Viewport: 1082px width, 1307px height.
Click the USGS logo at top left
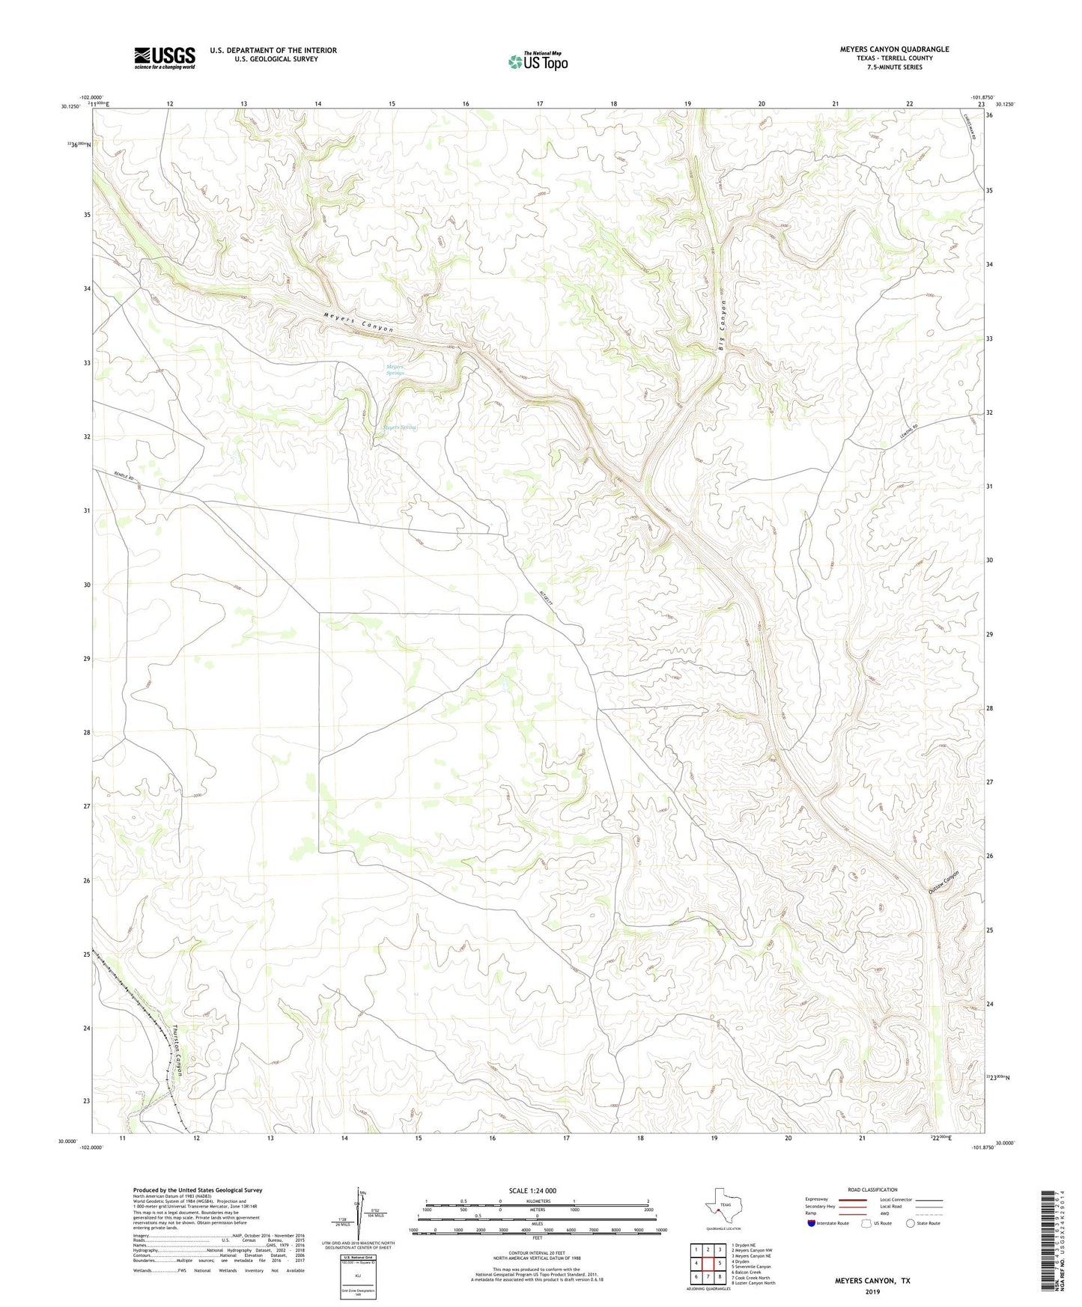click(164, 58)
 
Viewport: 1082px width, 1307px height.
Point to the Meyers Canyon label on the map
click(359, 323)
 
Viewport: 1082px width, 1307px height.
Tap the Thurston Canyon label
click(178, 1050)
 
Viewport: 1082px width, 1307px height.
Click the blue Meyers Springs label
click(395, 370)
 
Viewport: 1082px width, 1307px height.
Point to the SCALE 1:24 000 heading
click(532, 1191)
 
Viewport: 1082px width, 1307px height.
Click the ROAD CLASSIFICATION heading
click(872, 1189)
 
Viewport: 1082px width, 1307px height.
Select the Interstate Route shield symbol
click(812, 1223)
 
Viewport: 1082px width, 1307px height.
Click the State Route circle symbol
click(911, 1223)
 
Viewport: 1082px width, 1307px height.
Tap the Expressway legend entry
click(820, 1200)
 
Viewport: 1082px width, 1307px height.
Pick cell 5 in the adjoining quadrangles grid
click(719, 1263)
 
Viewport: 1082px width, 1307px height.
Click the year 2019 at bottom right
click(872, 1292)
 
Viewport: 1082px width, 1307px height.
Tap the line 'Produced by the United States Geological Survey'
click(198, 1189)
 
